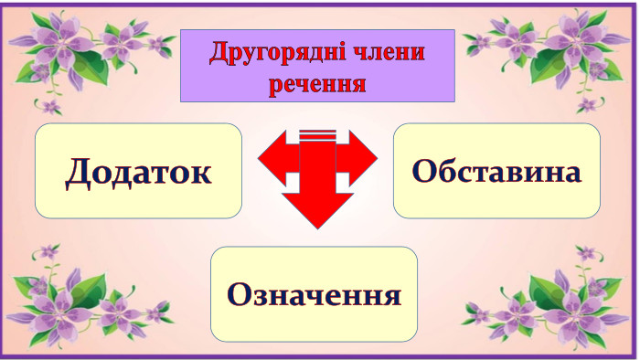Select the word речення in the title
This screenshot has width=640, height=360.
coord(318,84)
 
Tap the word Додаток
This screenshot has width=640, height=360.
coord(138,171)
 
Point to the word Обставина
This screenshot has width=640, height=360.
coord(496,171)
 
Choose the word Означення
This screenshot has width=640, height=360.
coord(314,294)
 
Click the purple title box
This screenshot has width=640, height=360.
coord(317,66)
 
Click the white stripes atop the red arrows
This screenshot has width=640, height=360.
coord(317,134)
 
